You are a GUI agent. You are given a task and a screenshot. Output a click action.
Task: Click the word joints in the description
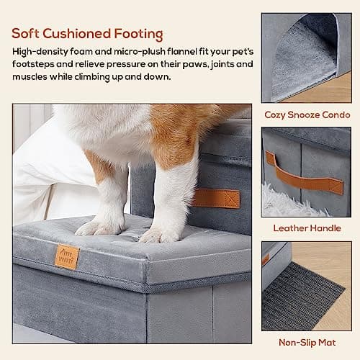pyautogui.click(x=211, y=64)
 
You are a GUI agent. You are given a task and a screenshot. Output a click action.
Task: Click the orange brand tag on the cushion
pyautogui.click(x=67, y=257)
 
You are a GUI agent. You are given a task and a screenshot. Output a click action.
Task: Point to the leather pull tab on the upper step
pyautogui.click(x=215, y=198)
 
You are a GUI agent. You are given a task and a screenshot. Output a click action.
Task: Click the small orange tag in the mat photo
pyautogui.click(x=266, y=259)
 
